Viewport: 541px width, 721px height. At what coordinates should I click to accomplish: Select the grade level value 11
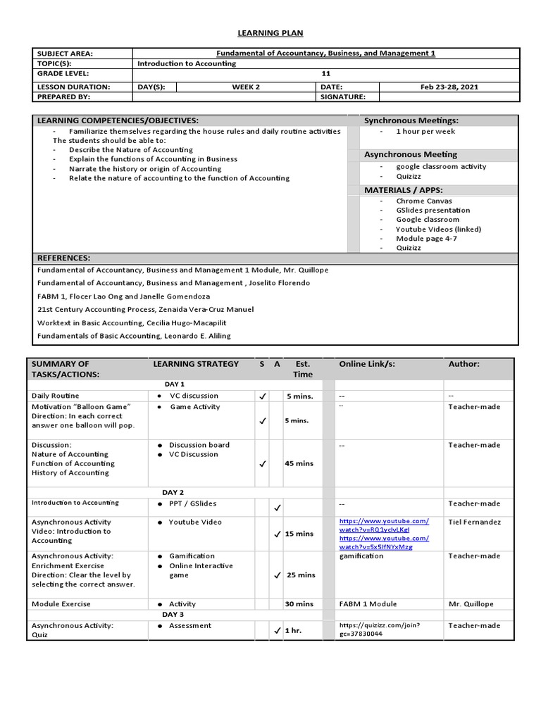[325, 74]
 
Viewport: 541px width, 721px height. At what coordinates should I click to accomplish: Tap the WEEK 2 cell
[247, 87]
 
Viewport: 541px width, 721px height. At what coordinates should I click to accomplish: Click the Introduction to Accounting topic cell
[187, 63]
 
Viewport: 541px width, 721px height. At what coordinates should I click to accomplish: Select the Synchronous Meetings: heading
[411, 121]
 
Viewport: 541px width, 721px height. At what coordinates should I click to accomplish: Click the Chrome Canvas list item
[423, 201]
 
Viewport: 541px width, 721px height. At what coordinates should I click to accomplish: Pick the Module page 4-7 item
[426, 239]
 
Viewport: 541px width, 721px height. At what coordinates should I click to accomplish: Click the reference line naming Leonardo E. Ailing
[134, 336]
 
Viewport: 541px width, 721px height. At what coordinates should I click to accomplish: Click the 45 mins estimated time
[299, 463]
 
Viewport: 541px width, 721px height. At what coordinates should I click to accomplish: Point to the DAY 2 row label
[173, 492]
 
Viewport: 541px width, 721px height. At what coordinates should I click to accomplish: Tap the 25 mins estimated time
[301, 575]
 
